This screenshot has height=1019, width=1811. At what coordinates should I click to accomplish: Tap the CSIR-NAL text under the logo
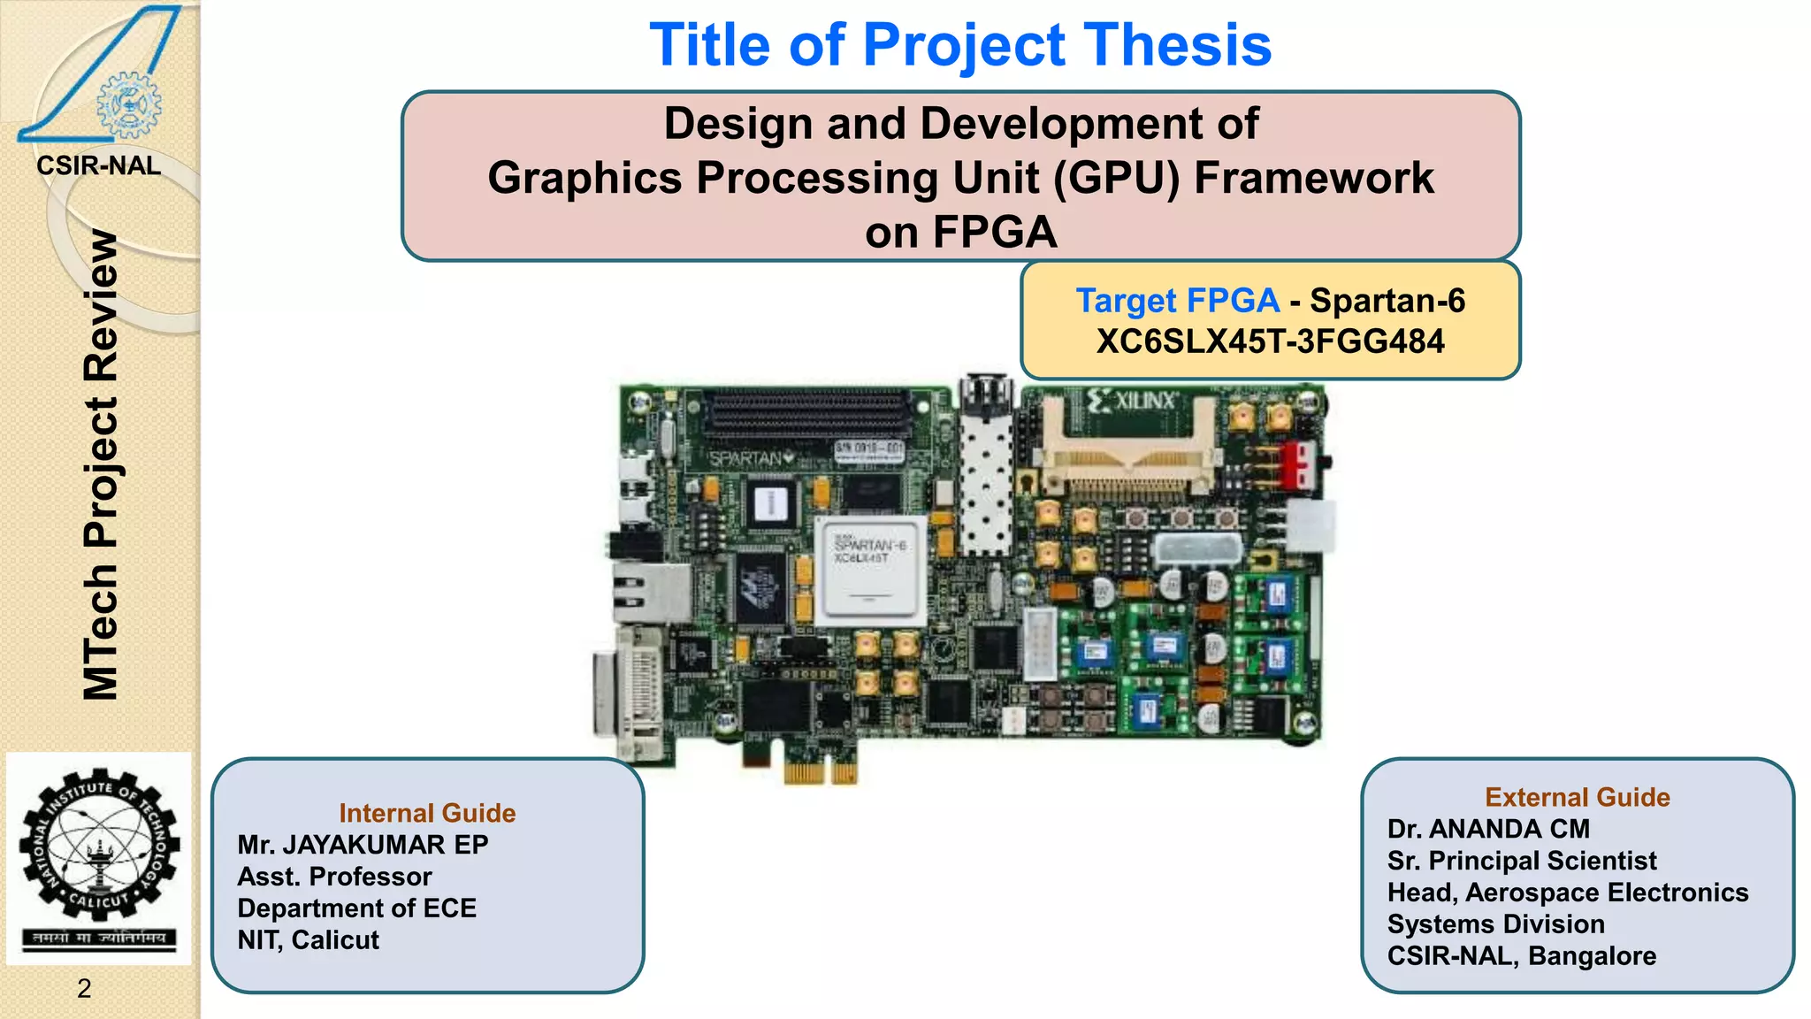click(x=98, y=165)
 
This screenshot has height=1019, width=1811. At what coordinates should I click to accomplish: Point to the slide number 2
click(x=84, y=988)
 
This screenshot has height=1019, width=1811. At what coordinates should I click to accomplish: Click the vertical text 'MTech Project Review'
click(x=101, y=464)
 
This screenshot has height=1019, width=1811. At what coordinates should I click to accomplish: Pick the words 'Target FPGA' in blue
click(x=1177, y=301)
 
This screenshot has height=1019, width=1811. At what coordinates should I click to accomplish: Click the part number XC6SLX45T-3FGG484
click(x=1270, y=341)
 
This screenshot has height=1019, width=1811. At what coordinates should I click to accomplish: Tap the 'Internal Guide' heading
click(x=427, y=813)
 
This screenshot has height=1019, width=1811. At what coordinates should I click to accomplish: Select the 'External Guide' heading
click(x=1577, y=797)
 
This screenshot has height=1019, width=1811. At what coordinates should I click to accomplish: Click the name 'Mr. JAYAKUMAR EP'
click(x=363, y=845)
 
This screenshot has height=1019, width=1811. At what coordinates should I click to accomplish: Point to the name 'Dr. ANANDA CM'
click(x=1488, y=829)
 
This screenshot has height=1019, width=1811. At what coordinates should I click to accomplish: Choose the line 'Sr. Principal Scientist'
click(x=1521, y=861)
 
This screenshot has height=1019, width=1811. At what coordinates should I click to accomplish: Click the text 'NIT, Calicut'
click(x=308, y=939)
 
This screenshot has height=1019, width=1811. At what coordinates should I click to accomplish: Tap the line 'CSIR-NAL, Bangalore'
click(x=1521, y=956)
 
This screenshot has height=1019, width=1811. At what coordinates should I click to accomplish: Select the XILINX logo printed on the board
click(x=1135, y=401)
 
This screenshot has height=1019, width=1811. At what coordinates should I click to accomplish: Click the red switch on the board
click(x=1298, y=465)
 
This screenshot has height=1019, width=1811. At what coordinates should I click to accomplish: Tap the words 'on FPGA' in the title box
click(x=960, y=233)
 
